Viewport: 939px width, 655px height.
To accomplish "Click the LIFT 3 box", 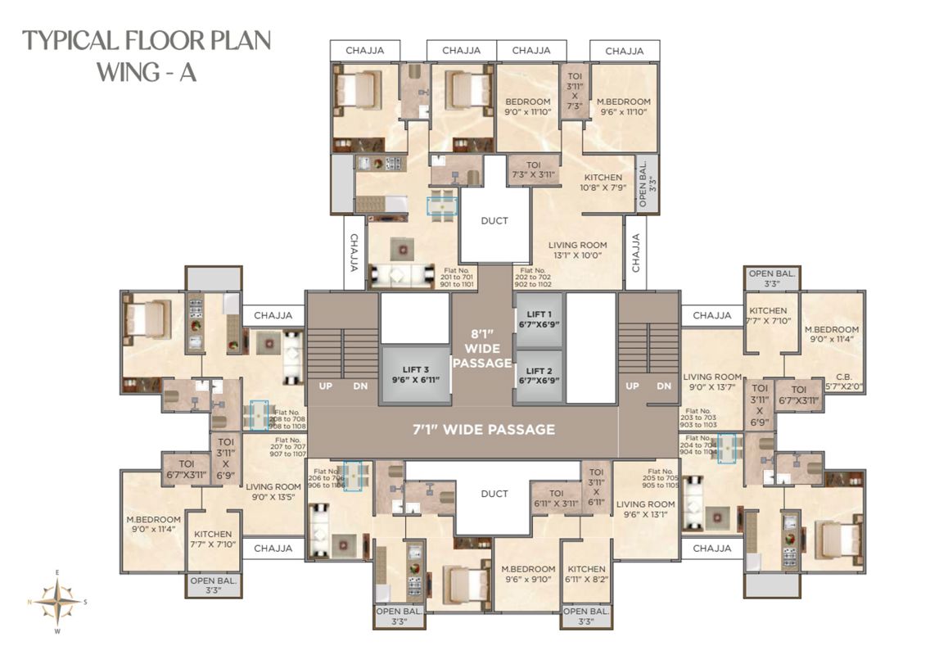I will (415, 374).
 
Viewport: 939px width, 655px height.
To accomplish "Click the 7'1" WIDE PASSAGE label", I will (483, 429).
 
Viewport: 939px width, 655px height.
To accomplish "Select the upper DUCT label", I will (494, 220).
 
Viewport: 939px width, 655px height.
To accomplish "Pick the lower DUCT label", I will (494, 494).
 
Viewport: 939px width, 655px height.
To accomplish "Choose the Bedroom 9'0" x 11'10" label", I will (528, 106).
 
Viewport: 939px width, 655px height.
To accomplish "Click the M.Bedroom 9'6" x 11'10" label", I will (624, 106).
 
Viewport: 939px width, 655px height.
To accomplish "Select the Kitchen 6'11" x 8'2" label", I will (586, 574).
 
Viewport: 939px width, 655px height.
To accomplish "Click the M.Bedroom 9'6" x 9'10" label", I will (528, 574).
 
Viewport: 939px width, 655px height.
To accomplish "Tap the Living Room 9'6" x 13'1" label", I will (645, 510).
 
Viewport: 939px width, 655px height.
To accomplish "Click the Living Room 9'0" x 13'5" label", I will (273, 491).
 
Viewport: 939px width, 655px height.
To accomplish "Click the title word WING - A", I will (147, 72).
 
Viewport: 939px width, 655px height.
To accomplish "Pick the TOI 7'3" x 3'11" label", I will (533, 169).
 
